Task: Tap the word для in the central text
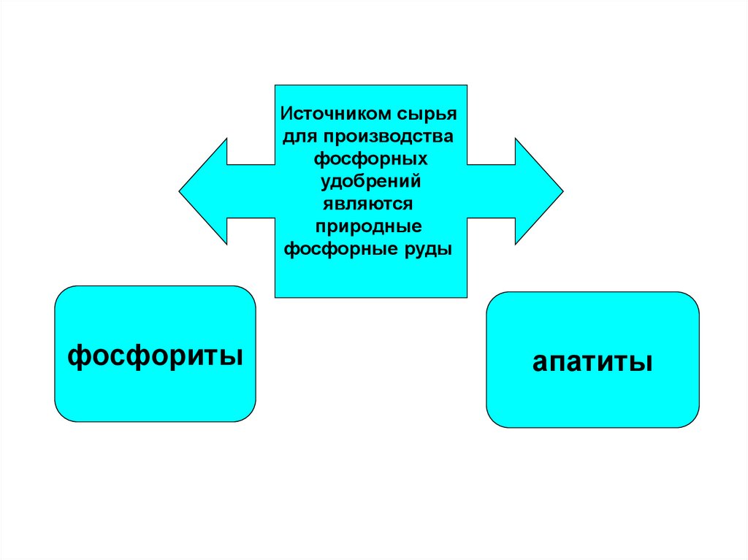pos(299,137)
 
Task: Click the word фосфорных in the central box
pos(370,158)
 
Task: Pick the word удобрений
pos(370,180)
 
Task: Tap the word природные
pos(370,226)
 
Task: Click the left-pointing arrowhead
pos(204,191)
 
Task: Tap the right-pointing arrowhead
pos(538,191)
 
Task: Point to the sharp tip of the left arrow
pos(180,191)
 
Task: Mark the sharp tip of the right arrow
pos(562,191)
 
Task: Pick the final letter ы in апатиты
pos(642,362)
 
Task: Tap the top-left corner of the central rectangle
pos(275,85)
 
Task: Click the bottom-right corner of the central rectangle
pos(467,297)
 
